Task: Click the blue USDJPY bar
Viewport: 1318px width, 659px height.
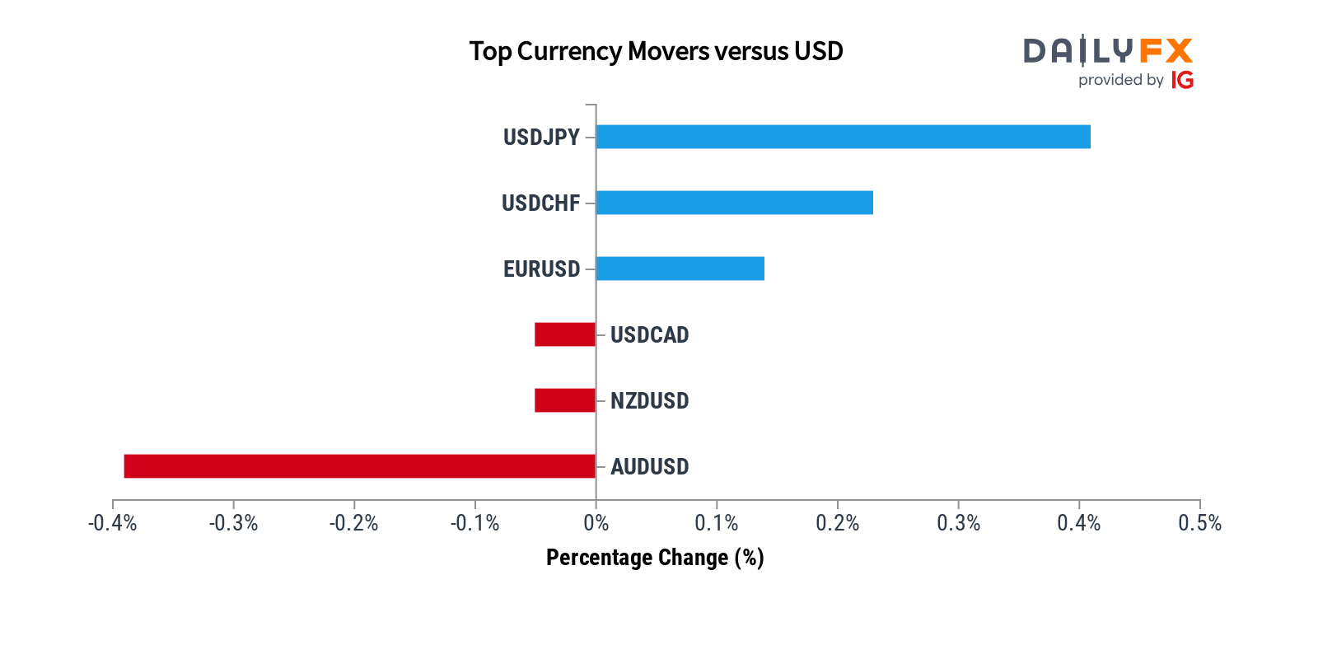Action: point(843,137)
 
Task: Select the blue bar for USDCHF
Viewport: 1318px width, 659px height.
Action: point(734,203)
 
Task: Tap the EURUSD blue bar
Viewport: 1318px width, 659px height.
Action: point(680,269)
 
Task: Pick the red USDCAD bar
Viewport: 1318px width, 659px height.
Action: point(565,334)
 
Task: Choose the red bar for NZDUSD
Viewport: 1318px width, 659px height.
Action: point(565,400)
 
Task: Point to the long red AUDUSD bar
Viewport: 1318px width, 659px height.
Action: point(359,466)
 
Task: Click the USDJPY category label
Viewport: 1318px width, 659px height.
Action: point(541,137)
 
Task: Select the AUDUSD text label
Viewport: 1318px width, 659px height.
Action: point(649,467)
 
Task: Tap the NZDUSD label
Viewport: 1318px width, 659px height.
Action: point(649,401)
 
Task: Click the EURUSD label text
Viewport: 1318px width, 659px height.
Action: point(541,269)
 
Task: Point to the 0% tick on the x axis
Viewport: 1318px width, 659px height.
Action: point(596,523)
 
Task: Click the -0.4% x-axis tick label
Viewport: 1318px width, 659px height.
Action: point(113,523)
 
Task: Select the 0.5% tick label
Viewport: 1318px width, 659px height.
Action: point(1199,523)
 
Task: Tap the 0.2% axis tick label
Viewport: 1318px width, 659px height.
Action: point(837,523)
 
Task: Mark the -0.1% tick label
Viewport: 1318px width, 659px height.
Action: point(474,523)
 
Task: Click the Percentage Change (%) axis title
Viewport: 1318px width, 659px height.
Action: point(655,558)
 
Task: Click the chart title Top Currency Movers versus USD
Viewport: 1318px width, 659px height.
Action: point(656,51)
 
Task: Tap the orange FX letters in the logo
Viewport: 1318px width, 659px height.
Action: point(1166,51)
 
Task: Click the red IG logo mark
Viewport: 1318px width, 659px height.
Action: point(1182,80)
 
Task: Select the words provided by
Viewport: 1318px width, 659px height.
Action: point(1120,80)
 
